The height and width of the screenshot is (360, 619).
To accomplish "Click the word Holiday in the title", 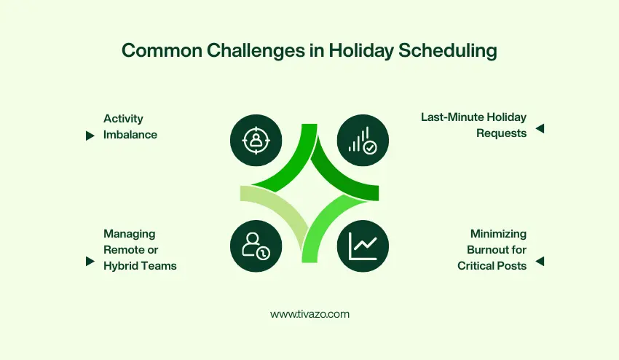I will (356, 50).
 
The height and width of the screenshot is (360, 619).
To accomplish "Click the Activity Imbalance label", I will (130, 126).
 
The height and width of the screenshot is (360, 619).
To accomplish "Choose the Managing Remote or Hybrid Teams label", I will (140, 250).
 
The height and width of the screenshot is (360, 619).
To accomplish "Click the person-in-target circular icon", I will (256, 140).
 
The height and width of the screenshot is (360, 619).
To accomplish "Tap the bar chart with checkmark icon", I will (363, 140).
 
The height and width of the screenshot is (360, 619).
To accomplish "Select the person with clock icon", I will (256, 246).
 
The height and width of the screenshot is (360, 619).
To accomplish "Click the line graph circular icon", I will (363, 246).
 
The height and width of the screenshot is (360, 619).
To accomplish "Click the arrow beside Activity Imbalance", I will (90, 136).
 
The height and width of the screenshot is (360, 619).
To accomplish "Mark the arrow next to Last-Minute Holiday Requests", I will (540, 129).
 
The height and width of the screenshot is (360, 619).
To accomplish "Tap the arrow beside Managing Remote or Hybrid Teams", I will (90, 260).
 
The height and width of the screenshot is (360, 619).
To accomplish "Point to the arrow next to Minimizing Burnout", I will (540, 260).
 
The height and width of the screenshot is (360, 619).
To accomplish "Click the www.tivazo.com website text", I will (309, 314).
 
